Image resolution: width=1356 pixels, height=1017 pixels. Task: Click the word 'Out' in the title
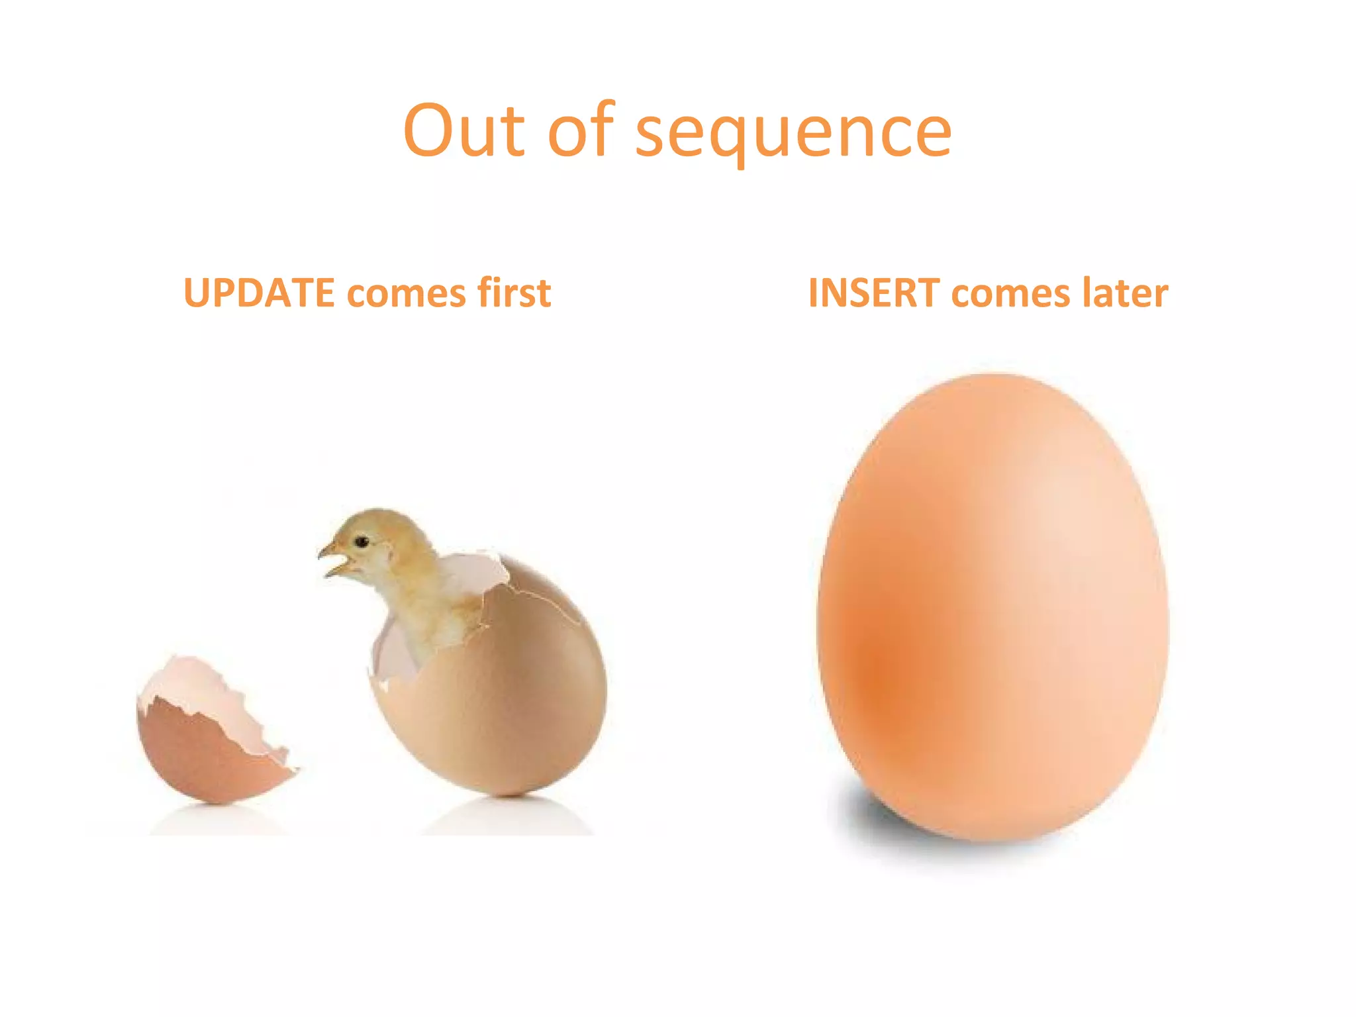(x=463, y=130)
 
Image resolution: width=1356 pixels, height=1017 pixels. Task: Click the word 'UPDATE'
(x=259, y=293)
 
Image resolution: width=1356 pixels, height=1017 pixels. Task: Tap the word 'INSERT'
(x=873, y=293)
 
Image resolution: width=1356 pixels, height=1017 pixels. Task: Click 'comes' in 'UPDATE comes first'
(x=406, y=294)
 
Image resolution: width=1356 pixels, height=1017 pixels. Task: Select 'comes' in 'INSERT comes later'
(x=1010, y=294)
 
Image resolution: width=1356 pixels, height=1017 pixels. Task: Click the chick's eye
(x=362, y=542)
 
